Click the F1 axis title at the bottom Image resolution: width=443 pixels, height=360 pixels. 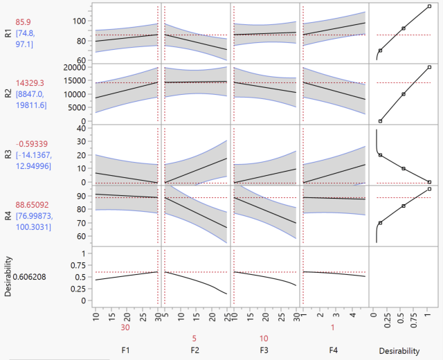[125, 350]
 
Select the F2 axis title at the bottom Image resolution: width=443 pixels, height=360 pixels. [196, 350]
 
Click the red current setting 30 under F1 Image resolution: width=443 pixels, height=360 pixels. [125, 327]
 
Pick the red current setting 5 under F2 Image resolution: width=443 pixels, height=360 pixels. [196, 339]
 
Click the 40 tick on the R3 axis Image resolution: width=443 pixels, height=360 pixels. [84, 128]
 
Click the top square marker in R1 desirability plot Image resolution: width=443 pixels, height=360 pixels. [429, 6]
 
